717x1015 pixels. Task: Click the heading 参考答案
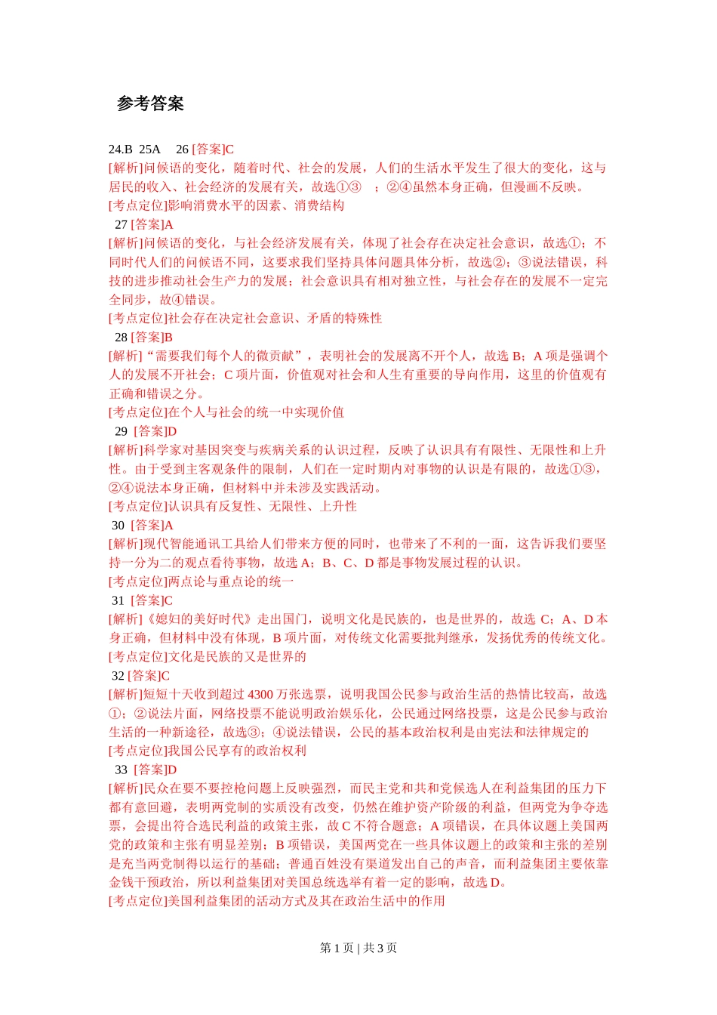click(150, 103)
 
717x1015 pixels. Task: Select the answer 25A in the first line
click(150, 150)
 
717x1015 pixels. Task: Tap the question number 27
click(121, 224)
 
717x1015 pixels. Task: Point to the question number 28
click(121, 338)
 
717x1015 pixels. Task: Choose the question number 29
click(121, 431)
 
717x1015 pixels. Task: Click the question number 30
click(118, 525)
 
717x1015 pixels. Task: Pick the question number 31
click(118, 600)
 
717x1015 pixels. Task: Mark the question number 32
click(118, 676)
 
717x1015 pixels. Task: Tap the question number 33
click(121, 770)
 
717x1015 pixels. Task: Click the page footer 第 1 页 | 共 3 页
click(358, 948)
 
